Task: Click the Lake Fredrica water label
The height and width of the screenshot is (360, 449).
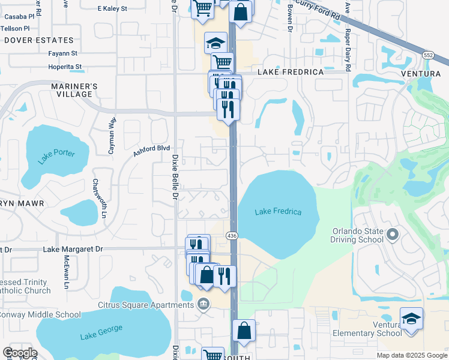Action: [x=278, y=212]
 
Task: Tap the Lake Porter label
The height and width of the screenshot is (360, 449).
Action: [x=56, y=156]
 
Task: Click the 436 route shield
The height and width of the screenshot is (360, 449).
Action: [x=232, y=236]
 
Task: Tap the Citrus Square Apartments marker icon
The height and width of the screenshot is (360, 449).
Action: [x=203, y=304]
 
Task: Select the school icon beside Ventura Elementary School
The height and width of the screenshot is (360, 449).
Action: [x=411, y=319]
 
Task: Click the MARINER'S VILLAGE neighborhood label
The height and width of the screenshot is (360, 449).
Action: [x=74, y=90]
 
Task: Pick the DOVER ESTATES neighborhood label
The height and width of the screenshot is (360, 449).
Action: [x=39, y=41]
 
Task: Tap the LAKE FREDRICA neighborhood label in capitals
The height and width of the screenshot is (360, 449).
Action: [x=291, y=72]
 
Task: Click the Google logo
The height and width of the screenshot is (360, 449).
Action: [x=20, y=353]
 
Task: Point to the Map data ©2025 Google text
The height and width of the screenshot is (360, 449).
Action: [x=412, y=355]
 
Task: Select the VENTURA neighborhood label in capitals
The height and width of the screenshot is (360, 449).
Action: [x=422, y=73]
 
